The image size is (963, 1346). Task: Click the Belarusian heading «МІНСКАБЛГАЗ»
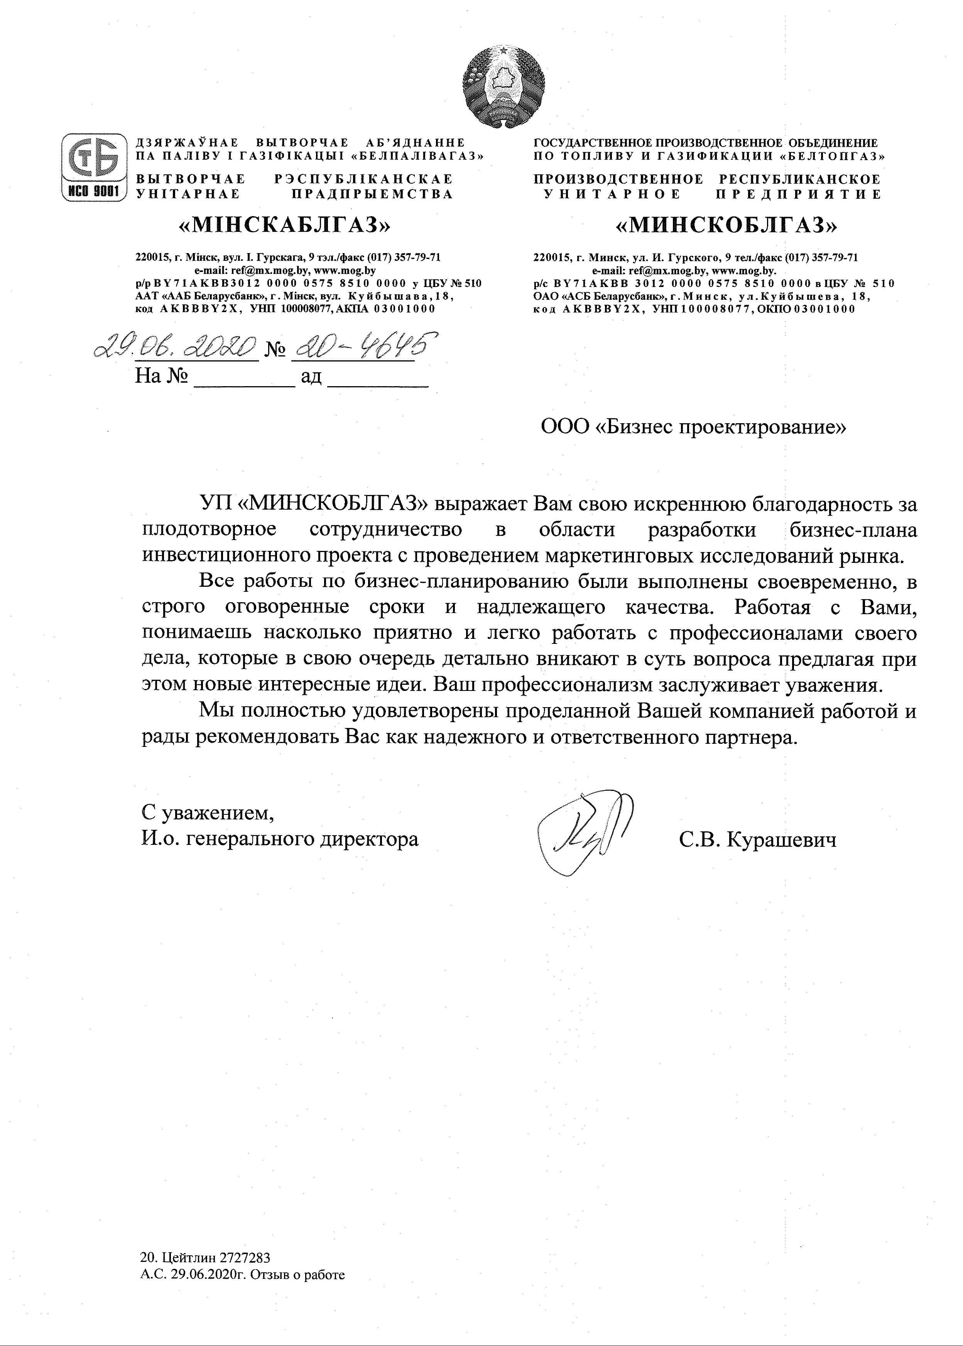pos(286,225)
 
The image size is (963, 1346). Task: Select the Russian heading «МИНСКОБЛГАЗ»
pos(728,225)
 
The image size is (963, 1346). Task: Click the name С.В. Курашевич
pos(758,839)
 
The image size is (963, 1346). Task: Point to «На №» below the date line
pos(161,376)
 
